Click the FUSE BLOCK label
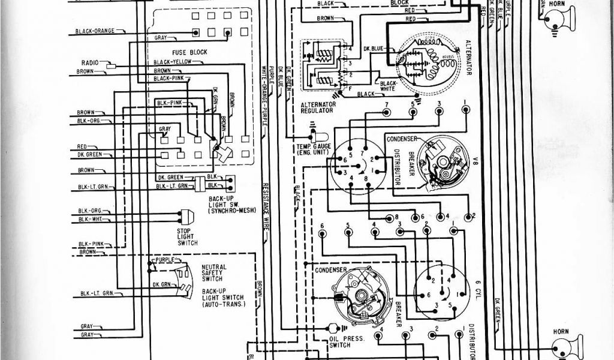tap(190, 52)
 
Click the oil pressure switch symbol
tap(330, 328)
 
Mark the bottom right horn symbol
tap(560, 347)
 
